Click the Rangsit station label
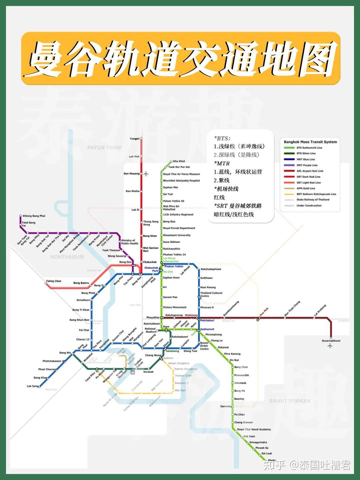135,139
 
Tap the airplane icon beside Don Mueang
146,174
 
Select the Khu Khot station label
179,161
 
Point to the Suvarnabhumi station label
331,341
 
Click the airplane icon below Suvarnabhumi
330,346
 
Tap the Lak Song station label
33,386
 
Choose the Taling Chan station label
54,281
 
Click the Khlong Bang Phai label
34,216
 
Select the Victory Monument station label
175,307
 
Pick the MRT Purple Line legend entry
307,165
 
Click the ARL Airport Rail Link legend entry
310,171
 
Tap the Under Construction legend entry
309,206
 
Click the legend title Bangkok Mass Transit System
310,142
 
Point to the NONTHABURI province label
67,257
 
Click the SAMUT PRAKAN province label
290,401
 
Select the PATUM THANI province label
104,147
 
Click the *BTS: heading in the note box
222,138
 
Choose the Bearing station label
239,399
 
